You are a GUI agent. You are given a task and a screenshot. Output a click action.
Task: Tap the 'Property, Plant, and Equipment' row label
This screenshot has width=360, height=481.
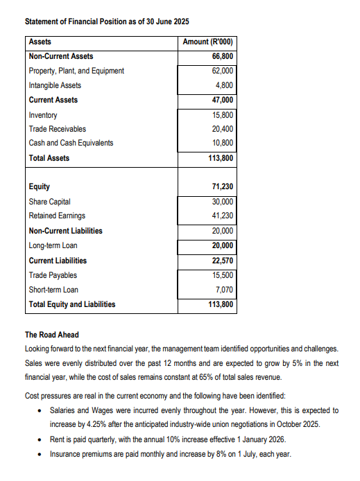76,71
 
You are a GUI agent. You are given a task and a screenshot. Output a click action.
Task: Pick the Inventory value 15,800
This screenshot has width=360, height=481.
222,115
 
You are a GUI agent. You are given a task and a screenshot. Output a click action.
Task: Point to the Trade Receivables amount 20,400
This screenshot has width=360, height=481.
222,129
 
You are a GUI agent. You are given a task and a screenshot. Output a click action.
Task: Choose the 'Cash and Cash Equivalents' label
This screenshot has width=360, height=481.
71,143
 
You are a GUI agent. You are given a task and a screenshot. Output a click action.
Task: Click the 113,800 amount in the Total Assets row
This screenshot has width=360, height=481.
221,158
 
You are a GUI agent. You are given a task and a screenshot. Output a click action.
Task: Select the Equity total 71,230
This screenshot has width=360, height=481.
221,187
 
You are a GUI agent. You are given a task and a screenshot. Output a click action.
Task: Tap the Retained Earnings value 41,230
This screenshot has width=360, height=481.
222,216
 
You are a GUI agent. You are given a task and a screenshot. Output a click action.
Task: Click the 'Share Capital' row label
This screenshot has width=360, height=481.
49,202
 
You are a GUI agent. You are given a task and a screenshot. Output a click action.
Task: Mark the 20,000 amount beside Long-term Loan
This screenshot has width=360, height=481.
222,245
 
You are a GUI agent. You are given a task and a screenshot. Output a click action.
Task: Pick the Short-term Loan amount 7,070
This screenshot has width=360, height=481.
224,290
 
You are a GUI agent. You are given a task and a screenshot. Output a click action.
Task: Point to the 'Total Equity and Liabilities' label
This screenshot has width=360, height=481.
72,304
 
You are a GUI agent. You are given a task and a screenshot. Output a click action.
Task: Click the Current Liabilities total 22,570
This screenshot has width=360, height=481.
221,261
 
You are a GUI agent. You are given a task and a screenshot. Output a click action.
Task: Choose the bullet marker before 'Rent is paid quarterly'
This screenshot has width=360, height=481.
41,440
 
